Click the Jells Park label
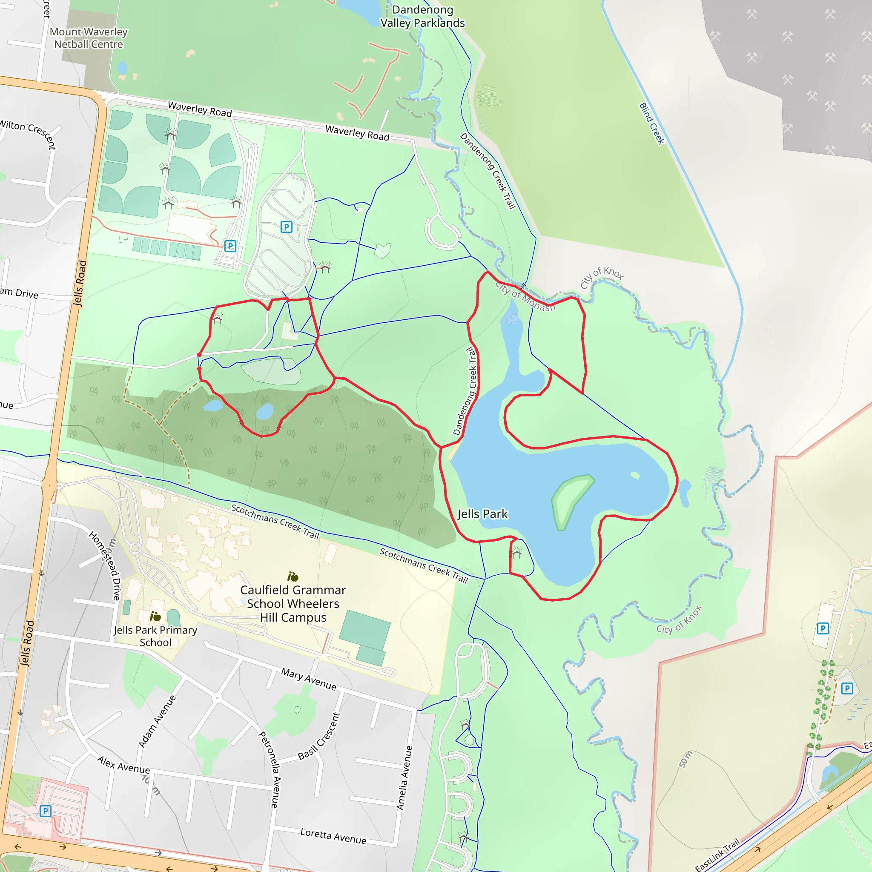(482, 514)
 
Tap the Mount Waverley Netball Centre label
(89, 38)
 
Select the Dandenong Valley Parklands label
(422, 16)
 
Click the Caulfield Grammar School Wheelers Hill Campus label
(293, 603)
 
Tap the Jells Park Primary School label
(155, 636)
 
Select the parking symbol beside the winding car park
(286, 227)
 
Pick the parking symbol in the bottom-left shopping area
(45, 811)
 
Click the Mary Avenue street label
(309, 679)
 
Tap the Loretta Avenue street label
(333, 836)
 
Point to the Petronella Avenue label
(270, 770)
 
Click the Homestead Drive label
(106, 565)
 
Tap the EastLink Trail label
(717, 855)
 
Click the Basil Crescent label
(318, 736)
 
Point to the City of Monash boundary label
(525, 296)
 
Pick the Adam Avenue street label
(157, 721)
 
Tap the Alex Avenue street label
(123, 765)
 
